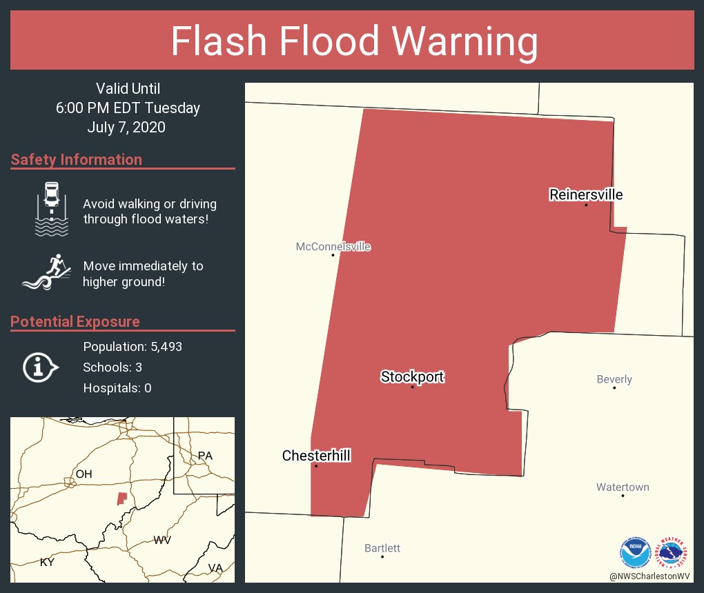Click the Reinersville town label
(x=586, y=194)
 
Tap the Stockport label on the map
(x=412, y=376)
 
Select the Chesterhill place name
(x=316, y=456)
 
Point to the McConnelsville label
(x=333, y=246)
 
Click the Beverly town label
(x=614, y=379)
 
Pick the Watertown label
(x=623, y=488)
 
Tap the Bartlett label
(x=382, y=548)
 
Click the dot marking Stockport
(x=413, y=387)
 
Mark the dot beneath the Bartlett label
(x=382, y=556)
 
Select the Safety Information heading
(x=77, y=160)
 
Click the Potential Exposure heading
(x=75, y=322)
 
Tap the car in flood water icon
(x=52, y=208)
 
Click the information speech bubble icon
(x=41, y=367)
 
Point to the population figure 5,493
(x=159, y=347)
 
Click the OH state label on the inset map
(x=84, y=474)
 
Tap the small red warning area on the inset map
(x=121, y=498)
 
